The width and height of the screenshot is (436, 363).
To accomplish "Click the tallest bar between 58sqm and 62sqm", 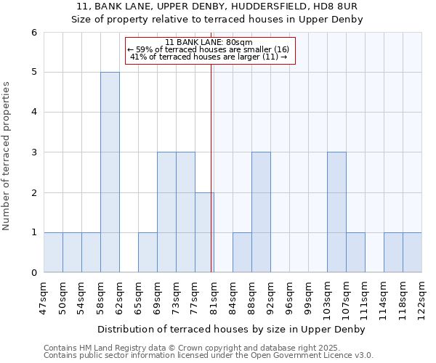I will pyautogui.click(x=110, y=172).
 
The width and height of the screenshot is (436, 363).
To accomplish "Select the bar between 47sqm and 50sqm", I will pyautogui.click(x=53, y=253).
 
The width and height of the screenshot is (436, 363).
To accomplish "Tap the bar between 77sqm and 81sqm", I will pyautogui.click(x=204, y=232).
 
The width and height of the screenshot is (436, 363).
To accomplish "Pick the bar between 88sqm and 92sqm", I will pyautogui.click(x=261, y=212).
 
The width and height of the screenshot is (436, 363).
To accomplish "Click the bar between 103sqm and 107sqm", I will pyautogui.click(x=336, y=212).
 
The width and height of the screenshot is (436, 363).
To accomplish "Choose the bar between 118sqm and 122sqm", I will pyautogui.click(x=412, y=253).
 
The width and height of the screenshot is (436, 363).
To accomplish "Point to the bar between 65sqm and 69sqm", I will pyautogui.click(x=148, y=253).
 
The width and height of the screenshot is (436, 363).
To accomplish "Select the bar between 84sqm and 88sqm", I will pyautogui.click(x=242, y=253).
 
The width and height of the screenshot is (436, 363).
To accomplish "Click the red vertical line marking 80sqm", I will pyautogui.click(x=211, y=167).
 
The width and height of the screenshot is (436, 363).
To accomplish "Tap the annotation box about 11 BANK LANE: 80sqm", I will pyautogui.click(x=210, y=50).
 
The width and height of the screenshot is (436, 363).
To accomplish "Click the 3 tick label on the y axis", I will pyautogui.click(x=33, y=152).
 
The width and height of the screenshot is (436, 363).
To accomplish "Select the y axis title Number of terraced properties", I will pyautogui.click(x=7, y=155).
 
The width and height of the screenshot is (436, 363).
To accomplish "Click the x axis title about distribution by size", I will pyautogui.click(x=232, y=329).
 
